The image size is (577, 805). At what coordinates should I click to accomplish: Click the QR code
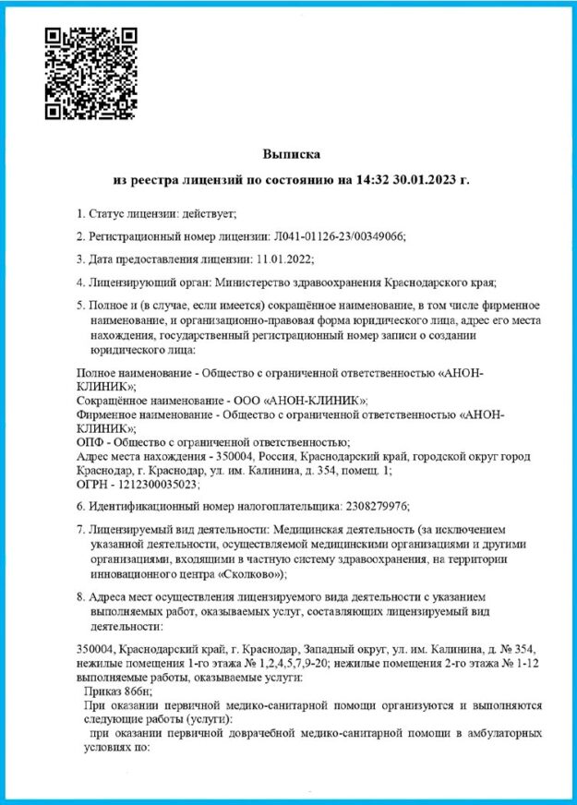pos(91,72)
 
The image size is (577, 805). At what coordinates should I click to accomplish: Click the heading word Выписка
pos(290,153)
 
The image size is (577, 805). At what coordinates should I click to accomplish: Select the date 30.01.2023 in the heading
pos(420,178)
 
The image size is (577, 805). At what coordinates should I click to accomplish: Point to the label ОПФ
pos(90,442)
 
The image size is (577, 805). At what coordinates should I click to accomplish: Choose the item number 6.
pos(79,506)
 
